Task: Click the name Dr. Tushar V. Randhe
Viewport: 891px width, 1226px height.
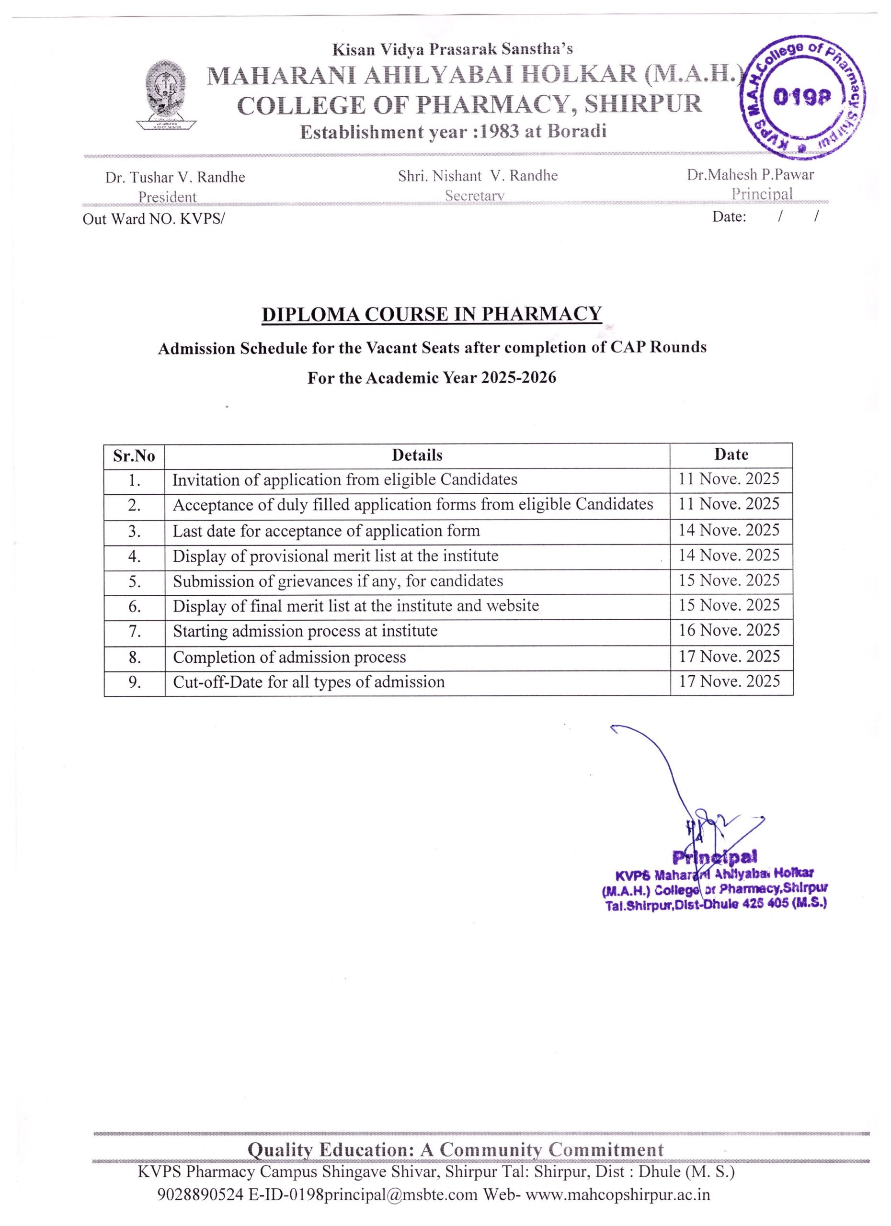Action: [x=175, y=177]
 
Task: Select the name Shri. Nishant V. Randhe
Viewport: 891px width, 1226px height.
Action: [x=478, y=175]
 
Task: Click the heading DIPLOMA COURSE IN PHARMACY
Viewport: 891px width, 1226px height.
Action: [x=432, y=314]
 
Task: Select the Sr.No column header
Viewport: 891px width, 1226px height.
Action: [x=134, y=456]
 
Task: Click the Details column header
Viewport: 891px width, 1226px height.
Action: [x=417, y=455]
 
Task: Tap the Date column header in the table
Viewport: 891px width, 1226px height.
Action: [x=731, y=454]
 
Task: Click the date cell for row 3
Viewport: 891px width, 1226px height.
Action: [x=729, y=530]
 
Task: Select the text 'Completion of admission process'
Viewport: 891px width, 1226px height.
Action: [x=289, y=657]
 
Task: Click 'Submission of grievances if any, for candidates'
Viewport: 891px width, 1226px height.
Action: [x=338, y=581]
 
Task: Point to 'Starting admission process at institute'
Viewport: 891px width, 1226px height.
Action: [x=305, y=631]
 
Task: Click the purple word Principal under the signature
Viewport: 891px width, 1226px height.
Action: [x=714, y=856]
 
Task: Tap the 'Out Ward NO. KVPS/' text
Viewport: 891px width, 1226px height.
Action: [x=153, y=219]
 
